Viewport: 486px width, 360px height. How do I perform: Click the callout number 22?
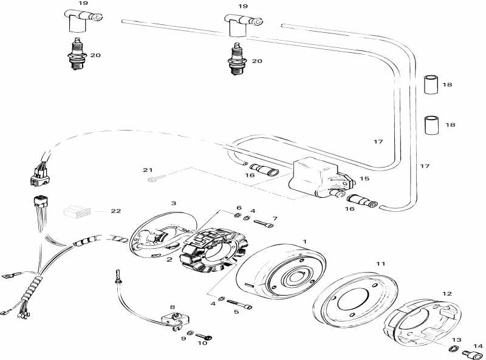pyautogui.click(x=115, y=211)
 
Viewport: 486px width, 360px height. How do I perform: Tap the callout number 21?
pyautogui.click(x=148, y=170)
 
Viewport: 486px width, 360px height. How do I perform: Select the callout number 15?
pyautogui.click(x=364, y=178)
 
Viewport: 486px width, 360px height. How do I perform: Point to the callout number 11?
pyautogui.click(x=381, y=263)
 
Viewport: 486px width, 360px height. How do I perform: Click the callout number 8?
pyautogui.click(x=173, y=307)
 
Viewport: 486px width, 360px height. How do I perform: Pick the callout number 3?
pyautogui.click(x=174, y=203)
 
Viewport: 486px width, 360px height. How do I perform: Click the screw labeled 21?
pyautogui.click(x=157, y=178)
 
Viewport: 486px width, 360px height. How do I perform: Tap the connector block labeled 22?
pyautogui.click(x=78, y=212)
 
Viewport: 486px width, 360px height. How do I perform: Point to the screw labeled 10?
pyautogui.click(x=204, y=336)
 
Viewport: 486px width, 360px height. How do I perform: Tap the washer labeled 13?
pyautogui.click(x=453, y=348)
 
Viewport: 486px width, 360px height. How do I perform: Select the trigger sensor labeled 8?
pyautogui.click(x=175, y=320)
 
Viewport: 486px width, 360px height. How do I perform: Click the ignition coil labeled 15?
pyautogui.click(x=321, y=178)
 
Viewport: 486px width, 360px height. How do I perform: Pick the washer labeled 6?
pyautogui.click(x=238, y=216)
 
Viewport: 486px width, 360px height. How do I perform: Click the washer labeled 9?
pyautogui.click(x=191, y=333)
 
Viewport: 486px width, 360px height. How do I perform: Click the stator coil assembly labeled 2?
pyautogui.click(x=208, y=250)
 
